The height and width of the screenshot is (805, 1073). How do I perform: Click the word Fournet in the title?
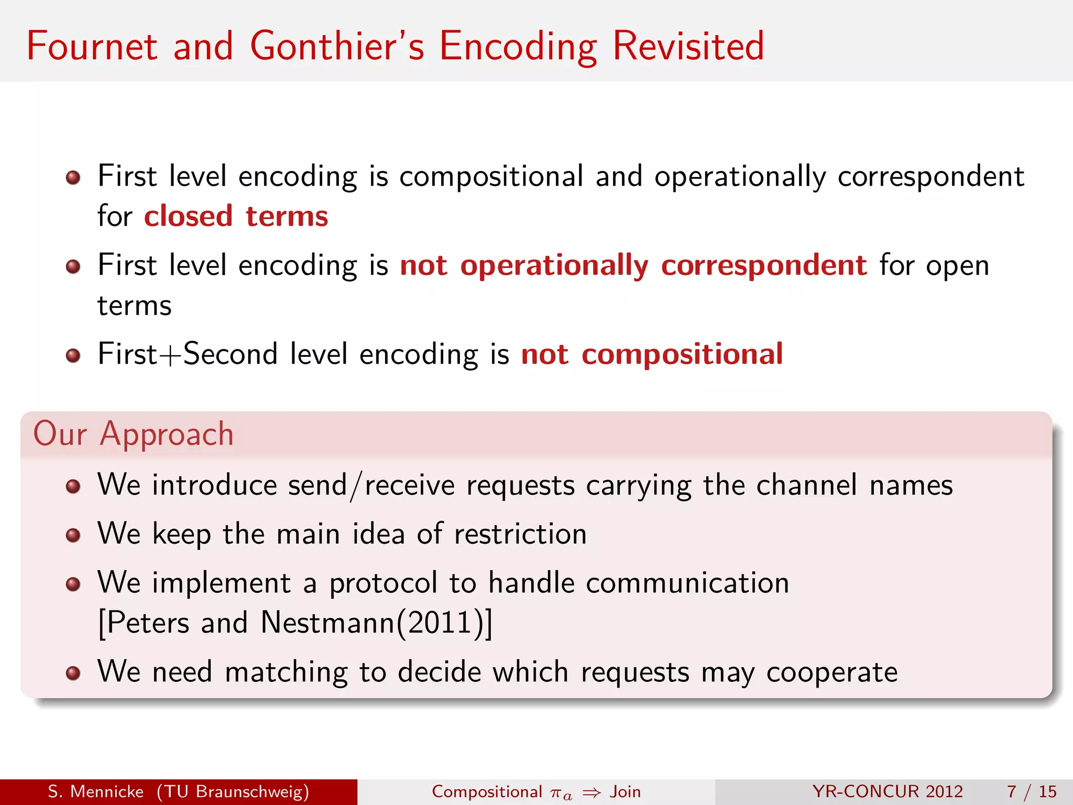92,46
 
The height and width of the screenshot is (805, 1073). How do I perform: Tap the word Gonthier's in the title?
337,46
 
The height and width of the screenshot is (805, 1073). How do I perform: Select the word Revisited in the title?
688,46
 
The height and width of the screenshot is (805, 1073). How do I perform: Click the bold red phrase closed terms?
236,216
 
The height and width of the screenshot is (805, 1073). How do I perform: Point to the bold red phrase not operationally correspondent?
633,265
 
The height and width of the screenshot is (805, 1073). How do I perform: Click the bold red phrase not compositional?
652,354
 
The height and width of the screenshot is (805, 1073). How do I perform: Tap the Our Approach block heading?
133,434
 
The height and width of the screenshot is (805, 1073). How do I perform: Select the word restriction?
520,534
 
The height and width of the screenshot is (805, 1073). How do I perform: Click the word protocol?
383,583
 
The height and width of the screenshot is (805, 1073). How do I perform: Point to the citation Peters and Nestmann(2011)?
295,623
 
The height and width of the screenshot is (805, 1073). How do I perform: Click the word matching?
286,672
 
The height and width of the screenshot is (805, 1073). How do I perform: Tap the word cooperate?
832,672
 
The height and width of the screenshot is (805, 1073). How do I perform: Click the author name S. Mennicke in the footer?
95,791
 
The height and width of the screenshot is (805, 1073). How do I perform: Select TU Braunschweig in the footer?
233,791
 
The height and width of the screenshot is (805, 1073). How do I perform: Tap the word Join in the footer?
625,791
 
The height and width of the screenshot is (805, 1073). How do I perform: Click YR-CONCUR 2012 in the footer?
888,791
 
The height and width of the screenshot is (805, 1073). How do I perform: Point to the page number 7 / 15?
1031,791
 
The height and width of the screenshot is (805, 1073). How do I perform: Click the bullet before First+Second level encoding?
73,356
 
